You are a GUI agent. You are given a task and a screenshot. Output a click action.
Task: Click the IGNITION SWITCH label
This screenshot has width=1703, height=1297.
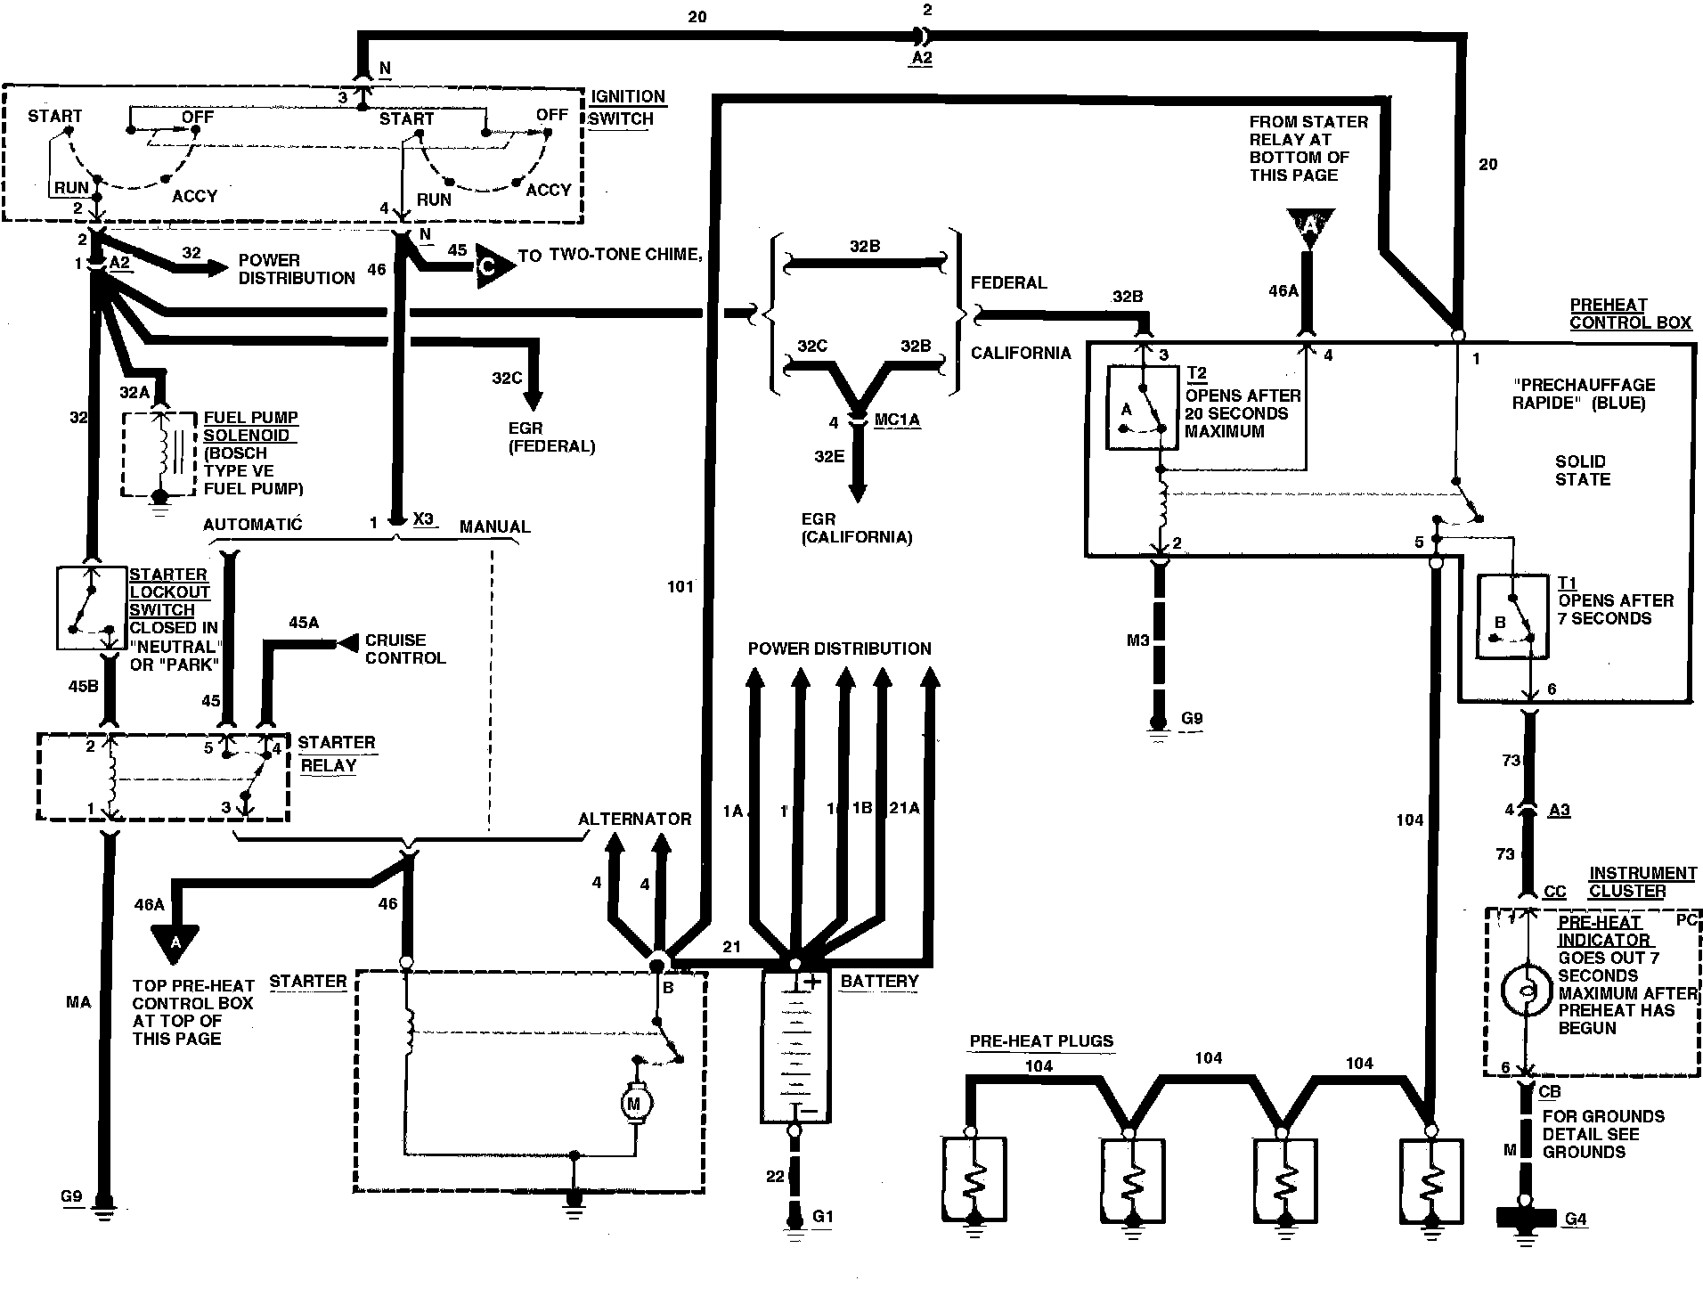click(x=627, y=108)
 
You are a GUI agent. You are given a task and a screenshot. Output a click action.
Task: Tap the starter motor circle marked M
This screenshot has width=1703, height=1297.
click(x=634, y=1105)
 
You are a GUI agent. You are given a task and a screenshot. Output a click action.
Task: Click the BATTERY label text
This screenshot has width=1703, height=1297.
click(x=879, y=981)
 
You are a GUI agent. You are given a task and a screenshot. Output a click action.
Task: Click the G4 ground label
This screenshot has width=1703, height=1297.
click(x=1575, y=1219)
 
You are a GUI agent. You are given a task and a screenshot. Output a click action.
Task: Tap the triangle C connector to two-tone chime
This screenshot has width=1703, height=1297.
click(x=493, y=265)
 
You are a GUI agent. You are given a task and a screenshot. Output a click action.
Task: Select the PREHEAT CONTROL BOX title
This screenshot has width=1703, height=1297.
click(x=1629, y=314)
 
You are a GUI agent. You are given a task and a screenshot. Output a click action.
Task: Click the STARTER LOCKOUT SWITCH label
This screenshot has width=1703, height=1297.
click(x=169, y=591)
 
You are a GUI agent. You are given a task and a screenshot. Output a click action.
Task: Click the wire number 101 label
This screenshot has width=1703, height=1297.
click(x=680, y=586)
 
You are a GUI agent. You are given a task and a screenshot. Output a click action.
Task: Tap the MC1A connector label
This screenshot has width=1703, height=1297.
click(x=897, y=420)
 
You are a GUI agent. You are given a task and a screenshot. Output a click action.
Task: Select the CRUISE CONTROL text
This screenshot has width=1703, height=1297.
click(x=404, y=648)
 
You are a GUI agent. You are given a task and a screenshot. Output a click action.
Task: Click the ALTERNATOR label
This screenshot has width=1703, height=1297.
click(x=634, y=819)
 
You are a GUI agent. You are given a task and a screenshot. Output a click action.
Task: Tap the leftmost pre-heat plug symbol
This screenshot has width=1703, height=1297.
click(x=974, y=1179)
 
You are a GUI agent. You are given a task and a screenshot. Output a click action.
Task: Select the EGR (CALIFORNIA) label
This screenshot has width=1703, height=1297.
click(x=857, y=527)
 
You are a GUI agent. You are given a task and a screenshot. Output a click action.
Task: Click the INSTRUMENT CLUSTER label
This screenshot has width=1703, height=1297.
click(x=1642, y=882)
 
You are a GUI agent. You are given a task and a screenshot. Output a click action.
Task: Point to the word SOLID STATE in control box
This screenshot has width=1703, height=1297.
click(x=1582, y=469)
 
